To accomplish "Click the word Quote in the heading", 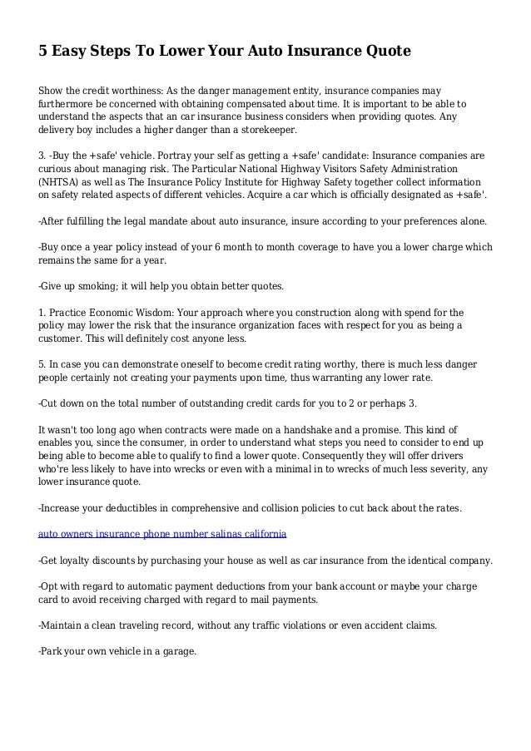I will (x=384, y=52).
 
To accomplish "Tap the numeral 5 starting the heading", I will (x=43, y=52).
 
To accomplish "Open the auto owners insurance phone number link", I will (x=163, y=531).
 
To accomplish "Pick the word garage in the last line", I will (x=175, y=651).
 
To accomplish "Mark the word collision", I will (x=305, y=506).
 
